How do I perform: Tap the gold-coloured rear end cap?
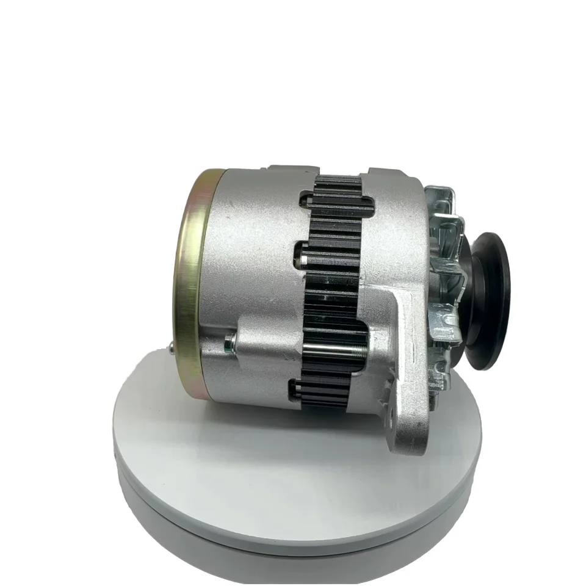click(190, 287)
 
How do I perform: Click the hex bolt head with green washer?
click(230, 344)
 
